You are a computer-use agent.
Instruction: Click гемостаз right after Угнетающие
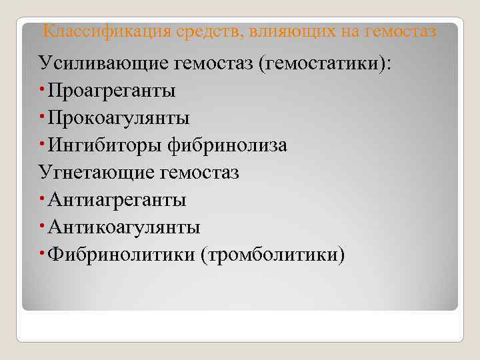200,173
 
